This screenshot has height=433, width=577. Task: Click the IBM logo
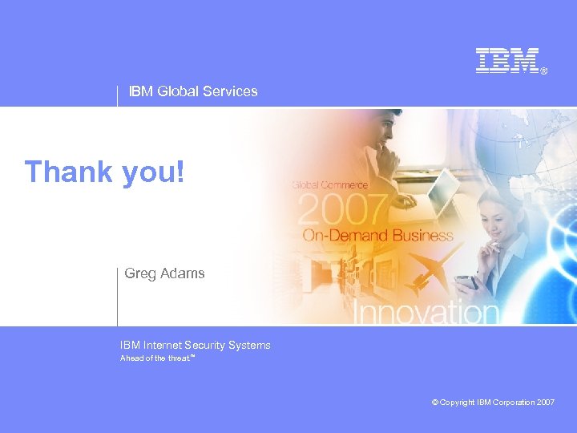pos(507,61)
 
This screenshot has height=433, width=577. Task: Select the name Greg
pos(139,273)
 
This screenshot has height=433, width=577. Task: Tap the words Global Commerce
pos(330,185)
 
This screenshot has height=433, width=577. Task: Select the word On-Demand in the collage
pos(342,236)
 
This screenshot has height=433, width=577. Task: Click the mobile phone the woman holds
pos(467,282)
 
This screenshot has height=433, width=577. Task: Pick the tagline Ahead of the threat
pos(156,358)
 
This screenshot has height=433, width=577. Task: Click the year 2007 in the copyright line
pos(545,403)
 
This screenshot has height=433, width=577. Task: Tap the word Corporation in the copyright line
pos(514,403)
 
